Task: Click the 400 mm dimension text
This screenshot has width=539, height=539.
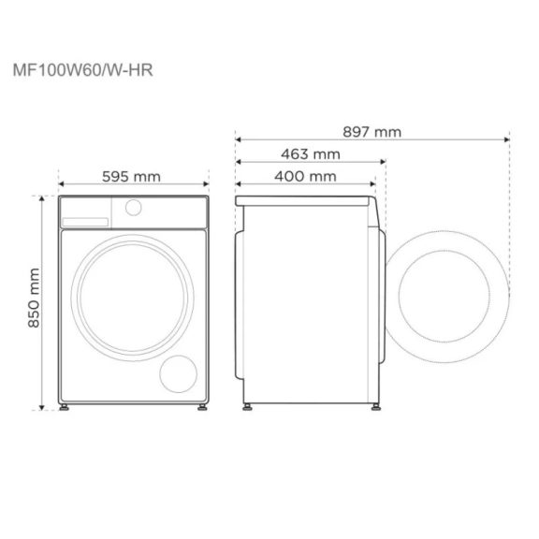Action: pos(306,177)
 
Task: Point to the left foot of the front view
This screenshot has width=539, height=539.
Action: pos(65,408)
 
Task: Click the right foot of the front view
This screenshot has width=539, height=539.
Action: pos(202,408)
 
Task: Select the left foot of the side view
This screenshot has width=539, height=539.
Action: pos(248,408)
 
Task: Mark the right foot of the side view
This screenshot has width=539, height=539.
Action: pos(374,408)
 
